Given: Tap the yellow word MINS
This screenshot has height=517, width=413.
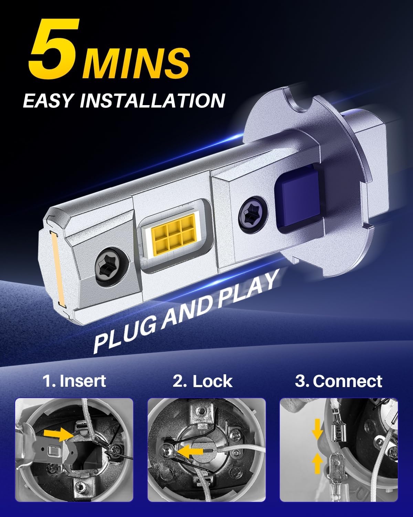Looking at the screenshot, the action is [136, 63].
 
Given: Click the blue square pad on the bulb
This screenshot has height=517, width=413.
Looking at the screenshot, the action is [299, 200].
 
